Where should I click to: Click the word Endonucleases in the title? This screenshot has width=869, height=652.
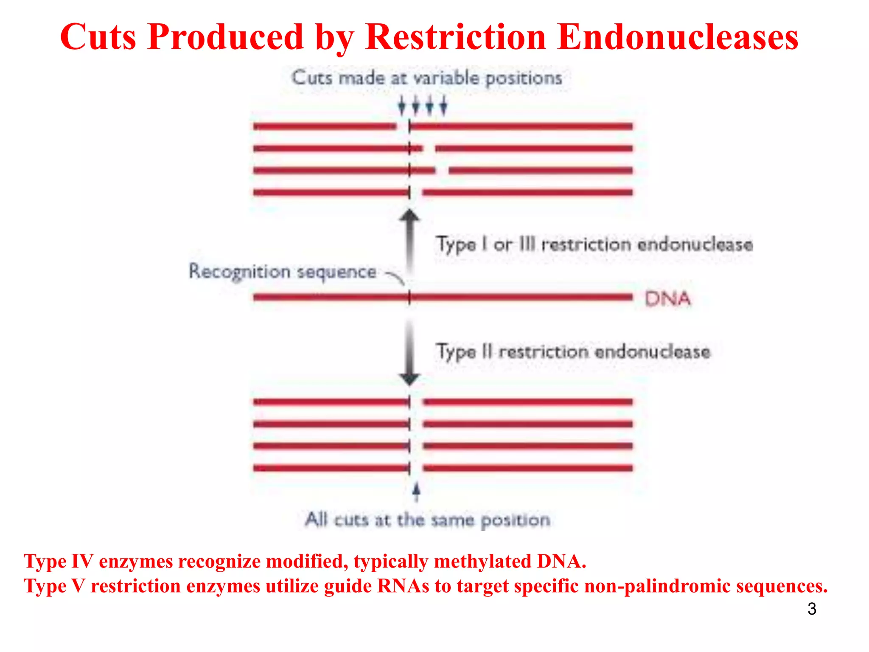pyautogui.click(x=678, y=37)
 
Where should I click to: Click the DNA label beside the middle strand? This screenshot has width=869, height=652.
pyautogui.click(x=667, y=299)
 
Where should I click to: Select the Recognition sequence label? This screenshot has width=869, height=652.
pyautogui.click(x=283, y=272)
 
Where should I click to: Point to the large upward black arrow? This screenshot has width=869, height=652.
pyautogui.click(x=409, y=242)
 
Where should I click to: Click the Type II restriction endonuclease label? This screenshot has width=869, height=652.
pyautogui.click(x=573, y=352)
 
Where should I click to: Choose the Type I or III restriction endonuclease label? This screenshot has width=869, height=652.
pyautogui.click(x=594, y=244)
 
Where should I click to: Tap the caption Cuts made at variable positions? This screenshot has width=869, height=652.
pyautogui.click(x=426, y=78)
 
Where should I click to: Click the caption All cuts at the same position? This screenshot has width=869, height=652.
pyautogui.click(x=427, y=520)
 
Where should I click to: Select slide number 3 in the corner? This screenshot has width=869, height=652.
pyautogui.click(x=812, y=609)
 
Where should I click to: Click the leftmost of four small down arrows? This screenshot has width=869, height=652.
pyautogui.click(x=401, y=105)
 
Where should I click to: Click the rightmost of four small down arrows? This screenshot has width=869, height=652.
pyautogui.click(x=443, y=105)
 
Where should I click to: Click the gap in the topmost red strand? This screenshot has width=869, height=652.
pyautogui.click(x=403, y=126)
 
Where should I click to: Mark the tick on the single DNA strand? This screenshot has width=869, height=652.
pyautogui.click(x=409, y=297)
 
